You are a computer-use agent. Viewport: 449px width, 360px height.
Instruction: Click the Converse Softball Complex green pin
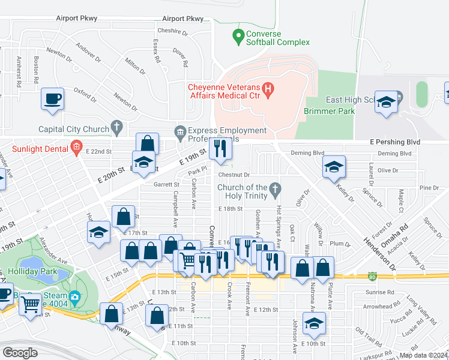239,34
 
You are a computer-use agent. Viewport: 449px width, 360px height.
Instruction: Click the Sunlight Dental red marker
76,146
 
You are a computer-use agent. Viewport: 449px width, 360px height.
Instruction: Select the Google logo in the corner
20,353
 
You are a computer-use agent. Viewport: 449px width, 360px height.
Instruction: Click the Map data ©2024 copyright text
423,355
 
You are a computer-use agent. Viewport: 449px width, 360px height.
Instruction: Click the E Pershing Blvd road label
393,142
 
